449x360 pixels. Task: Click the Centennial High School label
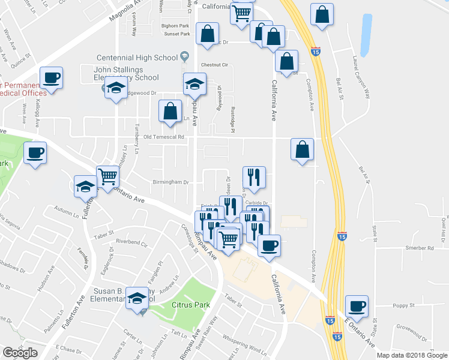click(137, 58)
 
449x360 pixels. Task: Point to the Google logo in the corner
click(20, 352)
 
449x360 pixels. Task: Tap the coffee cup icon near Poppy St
click(357, 306)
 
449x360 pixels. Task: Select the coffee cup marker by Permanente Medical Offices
click(51, 77)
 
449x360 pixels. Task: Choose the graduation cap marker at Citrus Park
click(137, 299)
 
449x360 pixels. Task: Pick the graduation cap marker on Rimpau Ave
click(194, 85)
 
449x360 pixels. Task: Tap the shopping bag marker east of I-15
click(322, 16)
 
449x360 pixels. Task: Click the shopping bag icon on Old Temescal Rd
click(302, 149)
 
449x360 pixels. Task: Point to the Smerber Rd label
click(419, 248)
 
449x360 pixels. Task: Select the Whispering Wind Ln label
click(244, 346)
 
